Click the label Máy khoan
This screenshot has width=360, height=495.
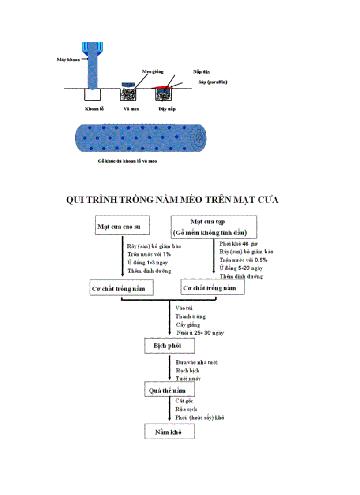[x=68, y=59]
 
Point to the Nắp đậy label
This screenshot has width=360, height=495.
[x=199, y=71]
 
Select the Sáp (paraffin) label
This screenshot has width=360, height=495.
[x=213, y=82]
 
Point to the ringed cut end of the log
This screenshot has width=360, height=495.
[x=200, y=138]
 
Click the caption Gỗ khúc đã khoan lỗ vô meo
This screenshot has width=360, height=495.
[x=127, y=161]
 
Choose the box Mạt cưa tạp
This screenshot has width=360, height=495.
[x=214, y=227]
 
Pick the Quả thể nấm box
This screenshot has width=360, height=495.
[x=170, y=390]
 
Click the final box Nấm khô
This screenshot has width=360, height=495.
[x=170, y=432]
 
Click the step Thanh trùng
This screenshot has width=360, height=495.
[x=190, y=316]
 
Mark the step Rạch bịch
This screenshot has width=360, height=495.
[x=187, y=370]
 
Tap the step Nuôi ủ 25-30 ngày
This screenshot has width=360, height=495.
[x=199, y=333]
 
